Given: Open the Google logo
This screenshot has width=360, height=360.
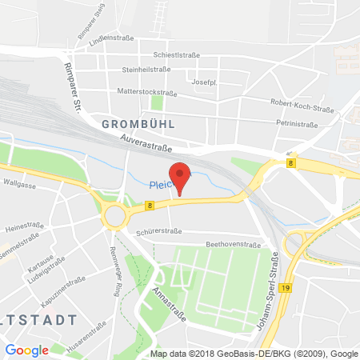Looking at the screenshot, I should pos(27,349).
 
